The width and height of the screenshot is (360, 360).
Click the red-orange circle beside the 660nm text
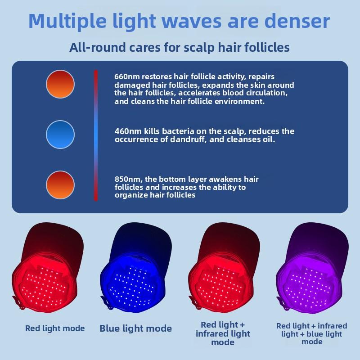pos(60,84)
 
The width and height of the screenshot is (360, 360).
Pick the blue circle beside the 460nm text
pos(60,135)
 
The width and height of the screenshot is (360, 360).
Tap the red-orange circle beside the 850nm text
pos(60,185)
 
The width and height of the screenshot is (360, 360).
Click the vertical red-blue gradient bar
pos(96,135)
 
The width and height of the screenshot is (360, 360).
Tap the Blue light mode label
pos(135,328)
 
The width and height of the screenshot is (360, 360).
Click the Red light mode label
pos(55,328)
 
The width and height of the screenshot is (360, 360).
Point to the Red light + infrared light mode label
pos(223,333)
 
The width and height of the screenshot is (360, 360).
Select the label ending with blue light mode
pos(312,333)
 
